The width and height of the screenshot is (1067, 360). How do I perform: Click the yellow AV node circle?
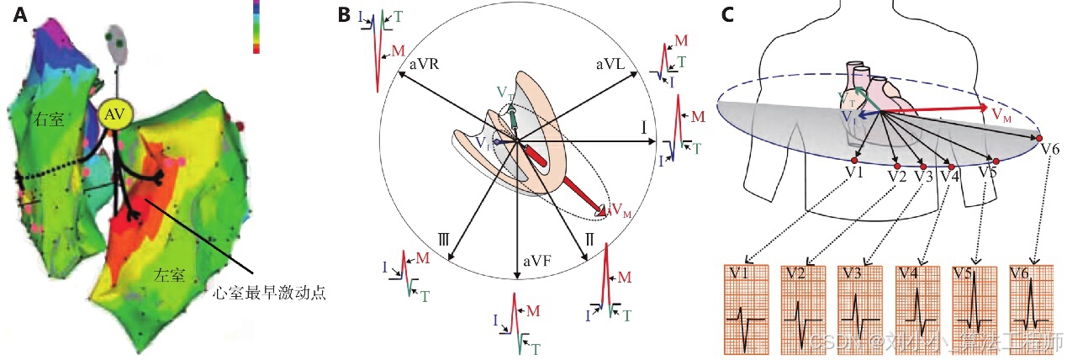(x=111, y=116)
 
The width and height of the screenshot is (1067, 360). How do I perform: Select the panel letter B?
(x=344, y=14)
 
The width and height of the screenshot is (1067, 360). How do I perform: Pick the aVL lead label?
(x=610, y=65)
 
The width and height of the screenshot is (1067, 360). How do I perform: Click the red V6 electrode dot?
(x=1039, y=138)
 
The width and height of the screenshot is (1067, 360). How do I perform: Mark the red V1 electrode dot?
(x=853, y=160)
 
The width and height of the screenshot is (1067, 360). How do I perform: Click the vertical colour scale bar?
(x=256, y=27)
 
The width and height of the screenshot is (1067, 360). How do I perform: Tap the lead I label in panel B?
(x=642, y=128)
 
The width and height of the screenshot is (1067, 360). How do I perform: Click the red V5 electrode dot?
(x=996, y=161)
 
